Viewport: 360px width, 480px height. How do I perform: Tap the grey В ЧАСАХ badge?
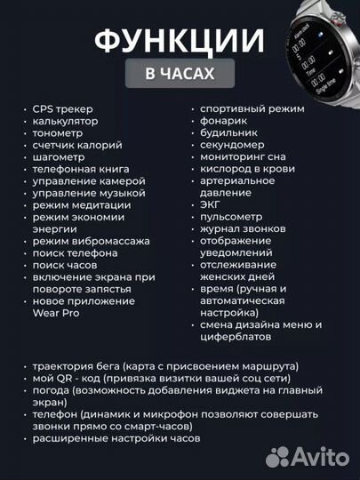tap(180, 74)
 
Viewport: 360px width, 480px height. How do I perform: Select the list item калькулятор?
tap(65, 120)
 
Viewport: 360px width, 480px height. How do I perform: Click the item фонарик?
tap(225, 120)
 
